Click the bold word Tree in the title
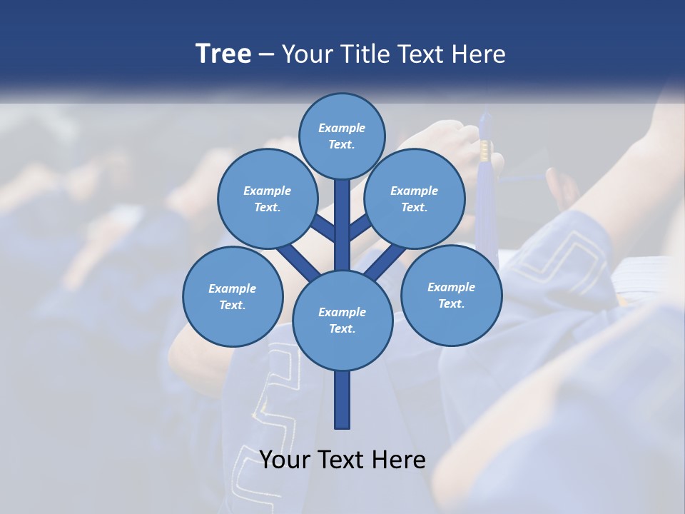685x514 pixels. (223, 54)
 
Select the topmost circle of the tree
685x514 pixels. (342, 136)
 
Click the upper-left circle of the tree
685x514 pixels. (267, 198)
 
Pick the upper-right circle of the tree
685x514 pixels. (415, 198)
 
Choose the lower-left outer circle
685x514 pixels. (233, 296)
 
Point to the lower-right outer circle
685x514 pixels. (451, 295)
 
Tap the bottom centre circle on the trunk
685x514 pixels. (342, 320)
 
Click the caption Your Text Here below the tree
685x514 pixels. (342, 460)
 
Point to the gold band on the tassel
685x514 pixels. (485, 149)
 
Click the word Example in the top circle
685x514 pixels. (342, 128)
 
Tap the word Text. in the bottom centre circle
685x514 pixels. (342, 328)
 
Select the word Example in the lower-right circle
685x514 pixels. (451, 287)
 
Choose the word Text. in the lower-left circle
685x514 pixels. (232, 305)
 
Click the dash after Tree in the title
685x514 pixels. (266, 54)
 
